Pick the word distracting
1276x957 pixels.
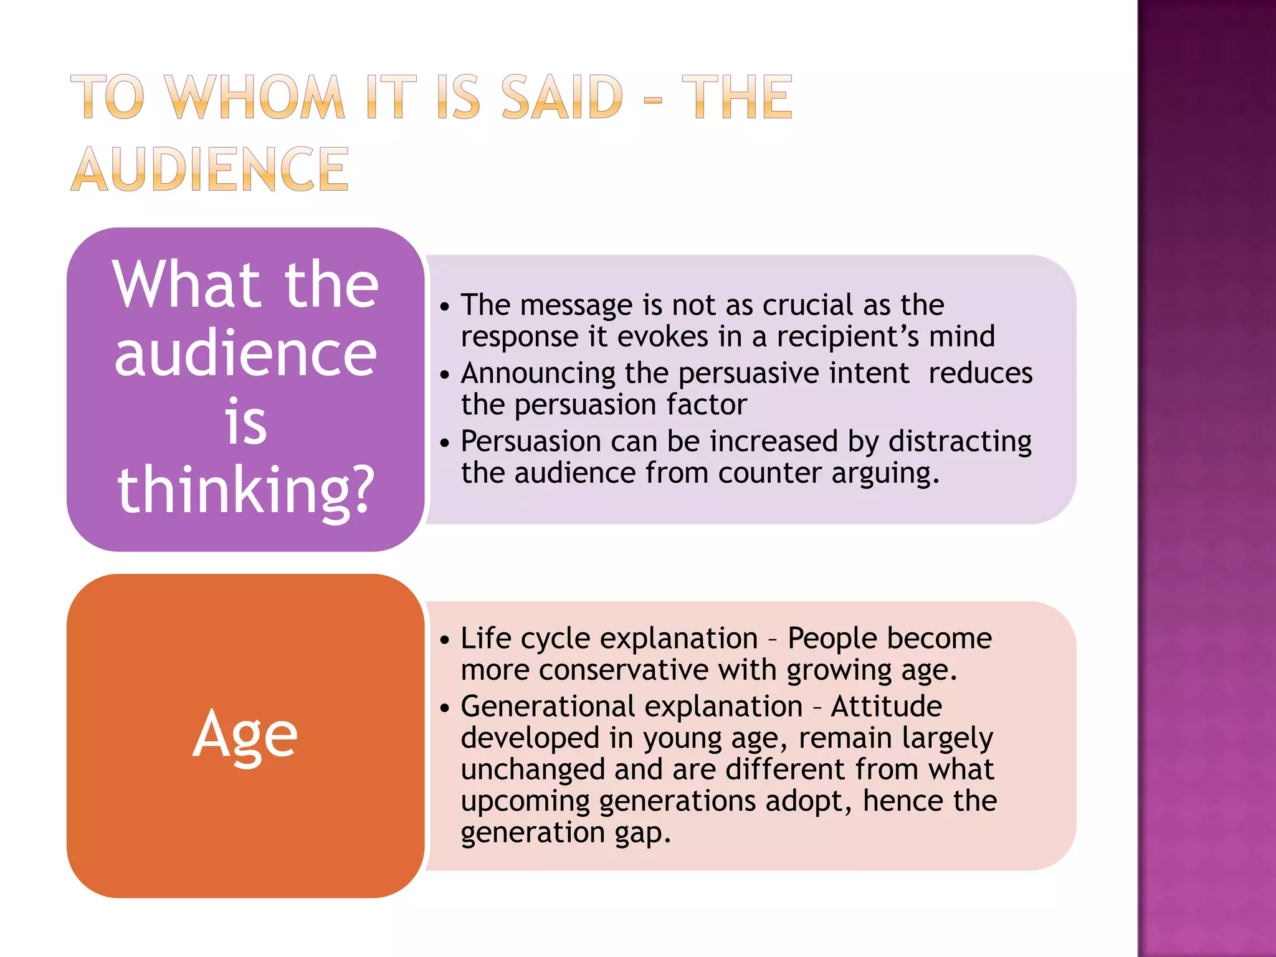(959, 441)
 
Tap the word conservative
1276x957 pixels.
(624, 670)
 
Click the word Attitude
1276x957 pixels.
(886, 707)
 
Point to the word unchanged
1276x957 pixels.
(533, 769)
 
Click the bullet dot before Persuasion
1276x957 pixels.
(444, 443)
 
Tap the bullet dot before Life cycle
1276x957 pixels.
(444, 640)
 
